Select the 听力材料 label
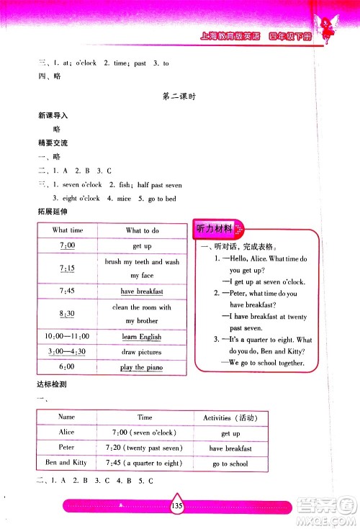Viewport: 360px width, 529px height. point(215,229)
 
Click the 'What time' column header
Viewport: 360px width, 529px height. point(68,230)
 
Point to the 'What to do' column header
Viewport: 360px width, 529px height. point(142,230)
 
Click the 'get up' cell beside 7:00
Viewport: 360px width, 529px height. point(142,246)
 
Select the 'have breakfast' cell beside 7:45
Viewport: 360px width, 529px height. point(142,291)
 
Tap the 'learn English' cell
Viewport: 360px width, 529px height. point(142,337)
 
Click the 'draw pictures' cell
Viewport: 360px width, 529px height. point(142,352)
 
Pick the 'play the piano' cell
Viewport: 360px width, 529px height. point(142,368)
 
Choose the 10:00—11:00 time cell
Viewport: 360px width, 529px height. point(68,337)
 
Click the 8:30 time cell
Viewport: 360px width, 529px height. point(68,314)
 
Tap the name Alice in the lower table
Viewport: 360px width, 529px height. point(66,433)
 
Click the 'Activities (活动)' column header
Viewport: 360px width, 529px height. point(230,417)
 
